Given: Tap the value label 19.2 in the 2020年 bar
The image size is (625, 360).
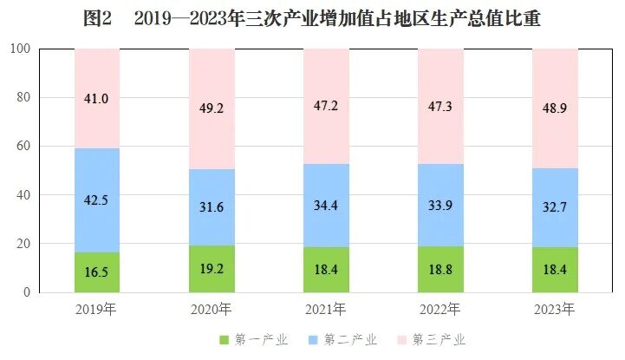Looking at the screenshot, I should tap(212, 269).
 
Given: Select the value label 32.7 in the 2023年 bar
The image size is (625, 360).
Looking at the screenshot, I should tap(555, 207).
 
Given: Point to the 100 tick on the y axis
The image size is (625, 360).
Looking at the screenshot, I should tap(20, 49).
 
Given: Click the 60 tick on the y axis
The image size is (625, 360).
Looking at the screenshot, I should tap(23, 147).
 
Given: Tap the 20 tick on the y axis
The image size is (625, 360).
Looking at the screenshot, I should tap(23, 244).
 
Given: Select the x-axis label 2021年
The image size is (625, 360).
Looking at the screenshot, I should tap(326, 309).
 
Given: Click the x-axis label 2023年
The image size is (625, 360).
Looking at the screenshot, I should tap(555, 309).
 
